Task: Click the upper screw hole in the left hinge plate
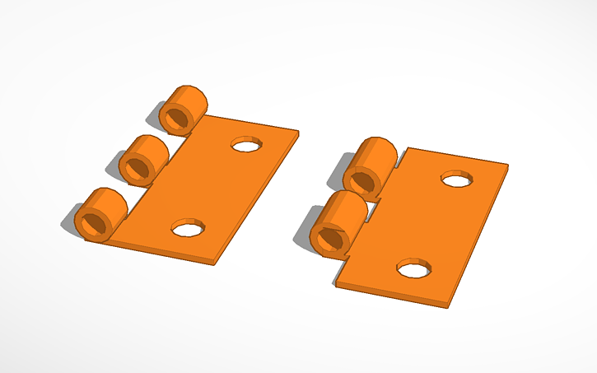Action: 245,145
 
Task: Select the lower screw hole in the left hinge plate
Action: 188,228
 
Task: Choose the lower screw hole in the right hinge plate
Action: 413,268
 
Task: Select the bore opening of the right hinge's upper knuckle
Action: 359,179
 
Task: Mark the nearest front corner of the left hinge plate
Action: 216,263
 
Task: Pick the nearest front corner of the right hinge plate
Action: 448,305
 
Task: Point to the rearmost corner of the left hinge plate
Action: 298,130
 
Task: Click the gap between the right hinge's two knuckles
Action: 375,198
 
